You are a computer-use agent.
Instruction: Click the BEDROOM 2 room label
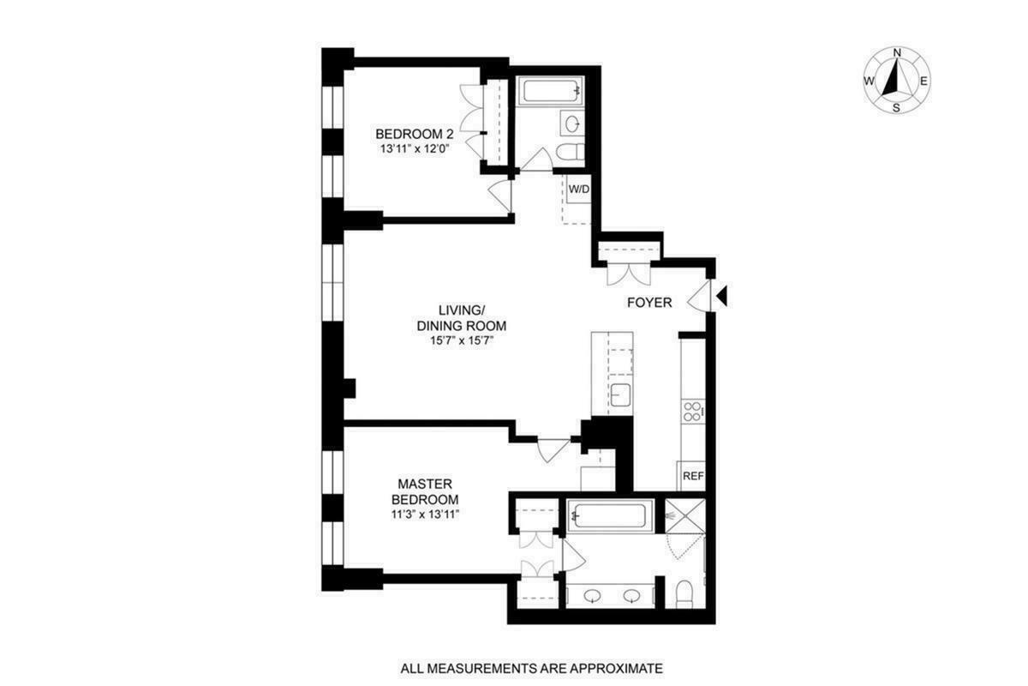pyautogui.click(x=415, y=134)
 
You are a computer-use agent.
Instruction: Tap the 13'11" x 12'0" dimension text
pyautogui.click(x=415, y=148)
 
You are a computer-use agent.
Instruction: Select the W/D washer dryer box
pyautogui.click(x=578, y=190)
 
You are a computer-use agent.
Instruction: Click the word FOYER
pyautogui.click(x=649, y=302)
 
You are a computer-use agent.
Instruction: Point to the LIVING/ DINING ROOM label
pyautogui.click(x=462, y=318)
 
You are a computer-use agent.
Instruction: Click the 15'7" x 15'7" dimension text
pyautogui.click(x=462, y=340)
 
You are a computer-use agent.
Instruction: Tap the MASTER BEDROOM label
pyautogui.click(x=425, y=491)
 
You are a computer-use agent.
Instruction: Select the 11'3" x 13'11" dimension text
pyautogui.click(x=425, y=514)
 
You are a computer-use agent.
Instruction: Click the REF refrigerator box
pyautogui.click(x=691, y=475)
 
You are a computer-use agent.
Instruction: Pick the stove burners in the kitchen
pyautogui.click(x=691, y=411)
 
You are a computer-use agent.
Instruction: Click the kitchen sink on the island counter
pyautogui.click(x=621, y=395)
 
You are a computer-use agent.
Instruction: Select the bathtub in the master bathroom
pyautogui.click(x=611, y=516)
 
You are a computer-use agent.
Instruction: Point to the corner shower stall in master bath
pyautogui.click(x=685, y=517)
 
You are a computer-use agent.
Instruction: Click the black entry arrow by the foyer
pyautogui.click(x=721, y=297)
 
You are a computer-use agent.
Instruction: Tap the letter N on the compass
pyautogui.click(x=897, y=53)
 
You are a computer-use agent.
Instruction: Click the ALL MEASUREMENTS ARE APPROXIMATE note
pyautogui.click(x=532, y=667)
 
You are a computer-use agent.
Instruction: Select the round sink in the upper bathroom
pyautogui.click(x=571, y=123)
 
